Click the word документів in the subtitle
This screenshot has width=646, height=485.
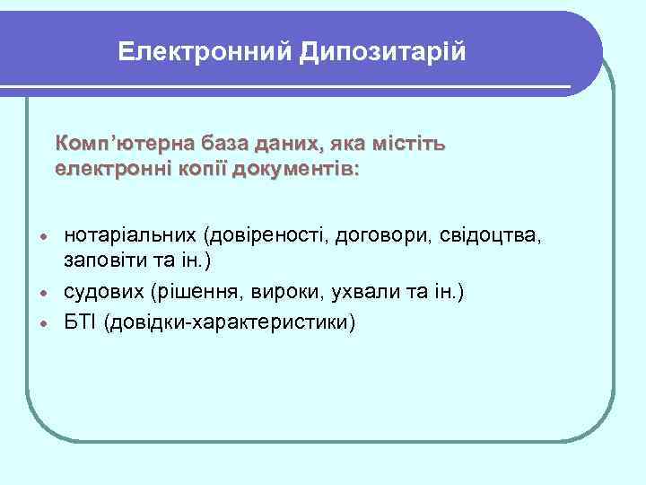click(x=292, y=169)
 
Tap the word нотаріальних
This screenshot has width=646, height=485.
click(x=130, y=236)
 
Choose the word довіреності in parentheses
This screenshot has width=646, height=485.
click(x=266, y=236)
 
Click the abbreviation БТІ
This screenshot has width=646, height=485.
click(x=81, y=322)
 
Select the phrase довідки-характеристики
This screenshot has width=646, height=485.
click(x=230, y=322)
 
